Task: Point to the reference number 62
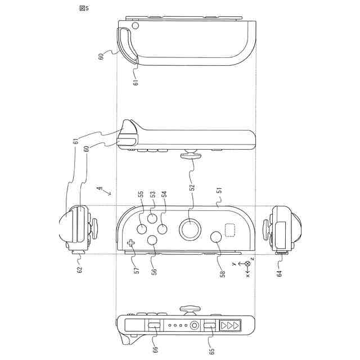click(79, 269)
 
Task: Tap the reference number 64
click(280, 273)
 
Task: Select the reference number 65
click(211, 351)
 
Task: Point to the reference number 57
click(136, 270)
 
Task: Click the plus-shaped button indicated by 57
click(131, 244)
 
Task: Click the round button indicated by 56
click(152, 240)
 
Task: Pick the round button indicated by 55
click(142, 229)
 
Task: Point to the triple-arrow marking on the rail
click(231, 325)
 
